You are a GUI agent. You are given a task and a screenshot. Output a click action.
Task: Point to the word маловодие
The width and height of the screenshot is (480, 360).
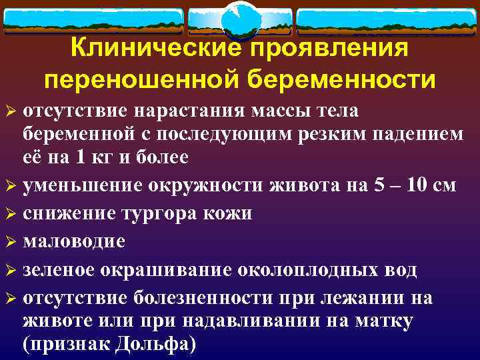pyautogui.click(x=73, y=241)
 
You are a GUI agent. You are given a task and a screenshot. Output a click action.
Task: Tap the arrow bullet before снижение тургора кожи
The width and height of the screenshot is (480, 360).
pyautogui.click(x=11, y=214)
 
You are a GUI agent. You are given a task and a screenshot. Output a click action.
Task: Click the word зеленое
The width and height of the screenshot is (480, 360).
pyautogui.click(x=63, y=270)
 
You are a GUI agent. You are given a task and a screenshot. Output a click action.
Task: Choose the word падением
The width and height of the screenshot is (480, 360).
pyautogui.click(x=417, y=133)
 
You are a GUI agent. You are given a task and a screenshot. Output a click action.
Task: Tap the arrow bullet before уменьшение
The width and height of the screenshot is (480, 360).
pyautogui.click(x=11, y=185)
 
